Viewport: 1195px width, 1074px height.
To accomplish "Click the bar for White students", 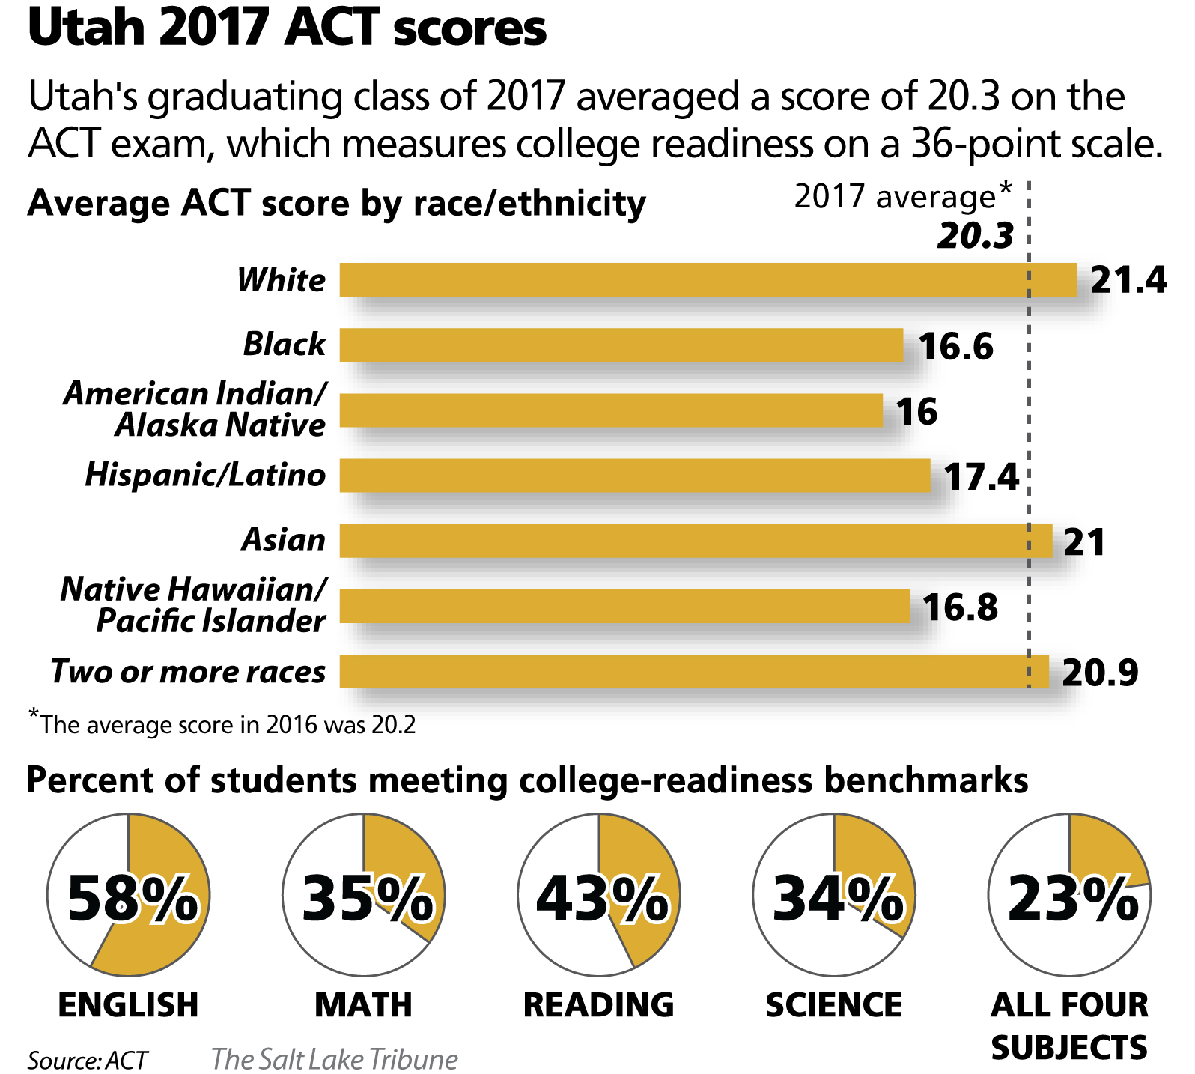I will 708,280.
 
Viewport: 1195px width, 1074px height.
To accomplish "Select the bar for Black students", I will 621,345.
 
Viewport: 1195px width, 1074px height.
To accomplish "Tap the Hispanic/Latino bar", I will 635,476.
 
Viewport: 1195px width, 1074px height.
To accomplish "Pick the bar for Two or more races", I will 693,671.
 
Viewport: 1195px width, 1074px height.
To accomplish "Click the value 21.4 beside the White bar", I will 1128,281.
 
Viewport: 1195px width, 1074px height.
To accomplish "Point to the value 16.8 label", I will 960,607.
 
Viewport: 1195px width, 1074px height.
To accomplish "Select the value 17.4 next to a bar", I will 981,477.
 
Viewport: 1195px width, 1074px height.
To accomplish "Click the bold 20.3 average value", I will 975,236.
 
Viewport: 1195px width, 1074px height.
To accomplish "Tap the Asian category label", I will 284,540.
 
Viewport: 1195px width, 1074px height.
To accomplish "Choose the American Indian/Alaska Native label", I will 195,409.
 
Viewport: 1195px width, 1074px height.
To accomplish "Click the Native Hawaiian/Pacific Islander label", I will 193,605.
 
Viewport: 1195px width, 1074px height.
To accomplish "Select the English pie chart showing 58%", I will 129,896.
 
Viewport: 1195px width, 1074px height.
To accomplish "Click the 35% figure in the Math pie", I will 367,898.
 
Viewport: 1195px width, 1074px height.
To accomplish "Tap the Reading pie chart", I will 599,896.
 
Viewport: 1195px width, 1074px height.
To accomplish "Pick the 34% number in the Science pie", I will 837,898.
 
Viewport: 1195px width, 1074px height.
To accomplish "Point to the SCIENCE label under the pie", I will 834,1005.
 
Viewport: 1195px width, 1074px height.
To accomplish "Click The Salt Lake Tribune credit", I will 334,1059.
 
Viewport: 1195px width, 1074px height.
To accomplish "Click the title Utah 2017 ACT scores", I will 288,28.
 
